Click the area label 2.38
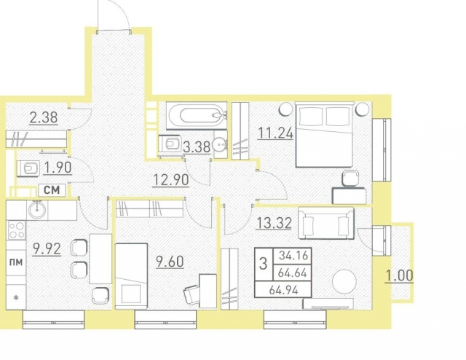[44, 117]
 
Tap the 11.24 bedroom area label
[275, 133]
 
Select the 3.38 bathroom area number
[197, 147]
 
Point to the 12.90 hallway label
[170, 180]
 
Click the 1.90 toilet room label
[58, 168]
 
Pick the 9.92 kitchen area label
[47, 249]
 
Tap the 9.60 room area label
[170, 262]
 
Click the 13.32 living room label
[274, 223]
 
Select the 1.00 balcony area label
[399, 275]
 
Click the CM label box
[52, 189]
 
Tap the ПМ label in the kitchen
[16, 262]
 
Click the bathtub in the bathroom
[197, 116]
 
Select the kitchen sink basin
[37, 209]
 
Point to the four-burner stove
[17, 230]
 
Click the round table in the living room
[344, 281]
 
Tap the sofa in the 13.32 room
[326, 224]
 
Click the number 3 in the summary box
[263, 264]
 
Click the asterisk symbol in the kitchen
[16, 297]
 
